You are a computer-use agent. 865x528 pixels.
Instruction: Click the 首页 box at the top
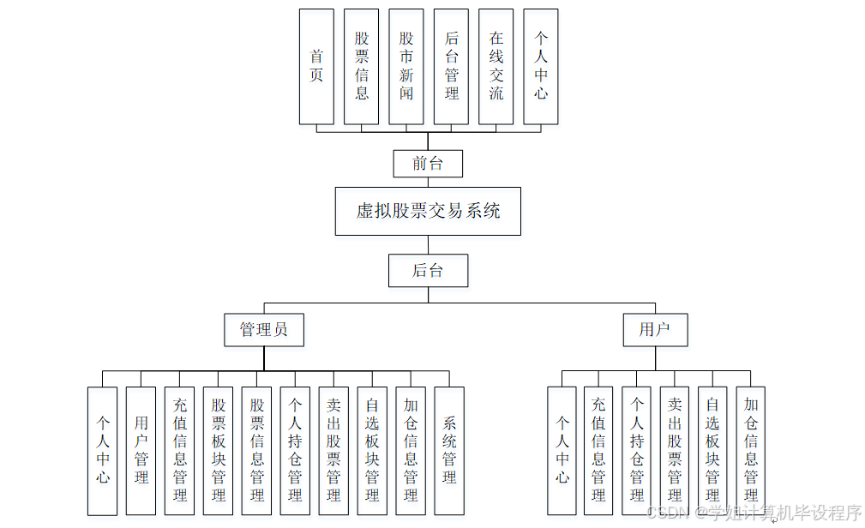pos(316,66)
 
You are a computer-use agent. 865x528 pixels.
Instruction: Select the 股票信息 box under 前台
pos(362,66)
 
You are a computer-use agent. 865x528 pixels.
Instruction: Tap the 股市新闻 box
pos(406,66)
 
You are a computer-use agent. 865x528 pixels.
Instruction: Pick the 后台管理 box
pos(452,66)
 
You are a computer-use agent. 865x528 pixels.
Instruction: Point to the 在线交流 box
pos(496,66)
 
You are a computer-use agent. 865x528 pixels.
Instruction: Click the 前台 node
pos(428,164)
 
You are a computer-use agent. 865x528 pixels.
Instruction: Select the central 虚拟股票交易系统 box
pos(428,211)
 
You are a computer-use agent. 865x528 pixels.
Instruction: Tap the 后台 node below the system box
pos(428,270)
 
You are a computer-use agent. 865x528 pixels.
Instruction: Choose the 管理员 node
pos(264,330)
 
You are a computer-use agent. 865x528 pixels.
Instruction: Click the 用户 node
pos(655,330)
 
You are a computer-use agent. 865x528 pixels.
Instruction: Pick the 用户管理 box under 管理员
pos(141,450)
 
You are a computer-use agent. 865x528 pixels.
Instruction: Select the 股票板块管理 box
pos(219,450)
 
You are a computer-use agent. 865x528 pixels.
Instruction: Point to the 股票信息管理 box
pos(257,450)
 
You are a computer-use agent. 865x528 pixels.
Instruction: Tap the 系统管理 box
pos(449,450)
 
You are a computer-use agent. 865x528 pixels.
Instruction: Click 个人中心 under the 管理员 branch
pos(103,450)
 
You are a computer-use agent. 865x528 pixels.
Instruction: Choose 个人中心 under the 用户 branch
pos(562,450)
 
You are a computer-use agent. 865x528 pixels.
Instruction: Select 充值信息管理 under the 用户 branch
pos(598,450)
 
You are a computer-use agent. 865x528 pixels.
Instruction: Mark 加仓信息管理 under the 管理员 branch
pos(411,450)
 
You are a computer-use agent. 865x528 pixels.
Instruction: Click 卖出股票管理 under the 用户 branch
pos(675,450)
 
